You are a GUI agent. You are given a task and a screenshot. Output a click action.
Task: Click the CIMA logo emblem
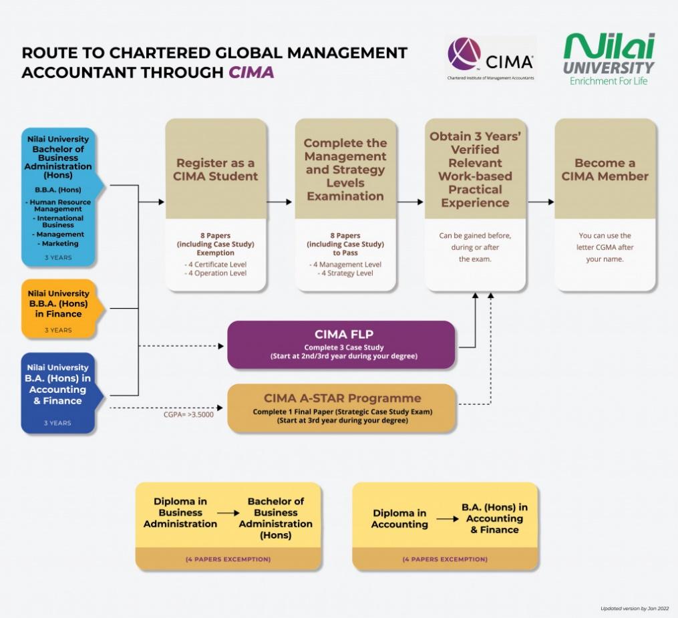click(x=464, y=55)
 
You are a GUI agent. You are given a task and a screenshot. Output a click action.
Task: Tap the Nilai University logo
click(x=608, y=59)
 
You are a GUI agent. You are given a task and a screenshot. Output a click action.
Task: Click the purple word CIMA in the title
click(x=251, y=72)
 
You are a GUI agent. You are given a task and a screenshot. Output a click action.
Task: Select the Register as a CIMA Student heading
click(x=216, y=170)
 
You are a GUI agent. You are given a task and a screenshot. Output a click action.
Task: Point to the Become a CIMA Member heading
click(x=605, y=170)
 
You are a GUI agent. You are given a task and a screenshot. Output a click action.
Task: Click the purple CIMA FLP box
click(x=341, y=344)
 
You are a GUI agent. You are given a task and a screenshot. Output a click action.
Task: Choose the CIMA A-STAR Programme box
click(x=342, y=407)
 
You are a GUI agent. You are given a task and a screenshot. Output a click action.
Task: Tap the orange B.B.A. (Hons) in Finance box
click(x=59, y=308)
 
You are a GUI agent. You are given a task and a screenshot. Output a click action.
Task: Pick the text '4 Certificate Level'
click(x=216, y=265)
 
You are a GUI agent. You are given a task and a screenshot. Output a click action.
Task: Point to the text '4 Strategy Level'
click(x=345, y=273)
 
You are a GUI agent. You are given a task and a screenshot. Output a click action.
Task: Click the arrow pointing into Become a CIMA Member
click(x=540, y=202)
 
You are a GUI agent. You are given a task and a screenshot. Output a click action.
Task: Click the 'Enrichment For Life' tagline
click(x=608, y=82)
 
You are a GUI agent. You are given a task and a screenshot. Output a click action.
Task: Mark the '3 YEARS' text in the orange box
click(x=58, y=330)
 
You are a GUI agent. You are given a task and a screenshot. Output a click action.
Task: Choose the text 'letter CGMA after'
click(x=605, y=247)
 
